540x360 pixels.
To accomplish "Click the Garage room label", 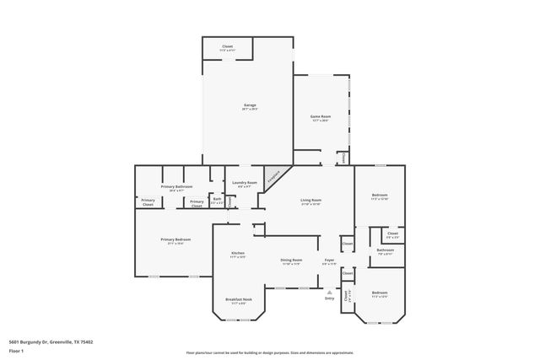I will pyautogui.click(x=250, y=106).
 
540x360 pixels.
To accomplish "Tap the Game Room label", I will pyautogui.click(x=320, y=119).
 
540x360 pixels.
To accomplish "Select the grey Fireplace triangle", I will pyautogui.click(x=273, y=177).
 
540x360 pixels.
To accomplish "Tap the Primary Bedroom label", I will pyautogui.click(x=175, y=240).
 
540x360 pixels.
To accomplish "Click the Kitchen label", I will pyautogui.click(x=238, y=255).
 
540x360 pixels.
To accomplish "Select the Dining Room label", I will pyautogui.click(x=291, y=261).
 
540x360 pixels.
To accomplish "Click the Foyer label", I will pyautogui.click(x=330, y=261).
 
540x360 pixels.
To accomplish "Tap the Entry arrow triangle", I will pyautogui.click(x=330, y=292).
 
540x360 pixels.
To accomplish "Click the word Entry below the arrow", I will pyautogui.click(x=330, y=299).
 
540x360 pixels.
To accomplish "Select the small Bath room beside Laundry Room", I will pyautogui.click(x=217, y=201).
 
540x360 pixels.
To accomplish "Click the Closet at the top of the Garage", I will pyautogui.click(x=227, y=48).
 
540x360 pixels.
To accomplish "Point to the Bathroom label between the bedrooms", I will pyautogui.click(x=386, y=250).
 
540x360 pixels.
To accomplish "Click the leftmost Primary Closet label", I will pyautogui.click(x=148, y=202).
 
